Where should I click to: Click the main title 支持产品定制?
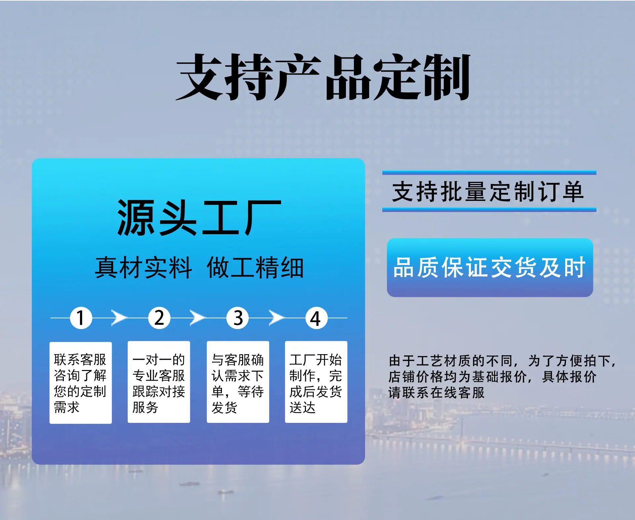click(x=323, y=77)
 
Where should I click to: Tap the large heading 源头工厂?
click(x=199, y=218)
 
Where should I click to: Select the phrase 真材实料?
click(x=143, y=268)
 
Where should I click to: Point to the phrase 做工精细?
click(x=255, y=268)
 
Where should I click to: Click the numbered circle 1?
click(x=81, y=318)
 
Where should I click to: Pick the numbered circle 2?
click(x=159, y=318)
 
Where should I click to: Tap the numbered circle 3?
click(x=238, y=318)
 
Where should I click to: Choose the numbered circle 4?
click(x=316, y=318)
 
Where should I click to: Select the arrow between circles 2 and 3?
click(x=198, y=318)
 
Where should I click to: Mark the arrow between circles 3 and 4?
click(x=276, y=318)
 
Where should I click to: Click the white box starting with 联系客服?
click(x=81, y=383)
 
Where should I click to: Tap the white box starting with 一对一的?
click(x=159, y=382)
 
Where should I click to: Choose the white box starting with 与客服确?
click(x=238, y=382)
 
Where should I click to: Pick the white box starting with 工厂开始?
click(x=316, y=382)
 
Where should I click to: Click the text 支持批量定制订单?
click(x=488, y=192)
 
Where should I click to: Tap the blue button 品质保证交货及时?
click(x=490, y=268)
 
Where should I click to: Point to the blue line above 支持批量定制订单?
click(x=489, y=172)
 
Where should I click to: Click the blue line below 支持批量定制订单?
click(x=489, y=209)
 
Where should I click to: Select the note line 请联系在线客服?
click(x=437, y=392)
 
